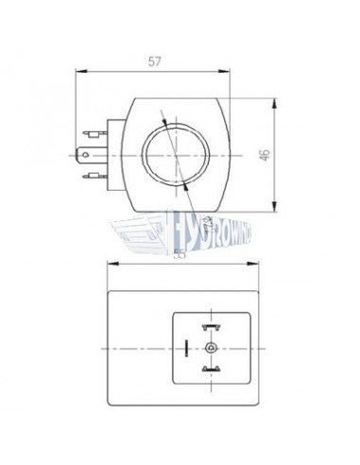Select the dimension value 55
click(x=180, y=252)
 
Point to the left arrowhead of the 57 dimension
click(x=79, y=70)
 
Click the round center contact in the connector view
click(x=209, y=346)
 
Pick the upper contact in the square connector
click(x=209, y=324)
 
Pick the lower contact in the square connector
click(x=209, y=368)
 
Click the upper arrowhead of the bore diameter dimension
click(x=164, y=119)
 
